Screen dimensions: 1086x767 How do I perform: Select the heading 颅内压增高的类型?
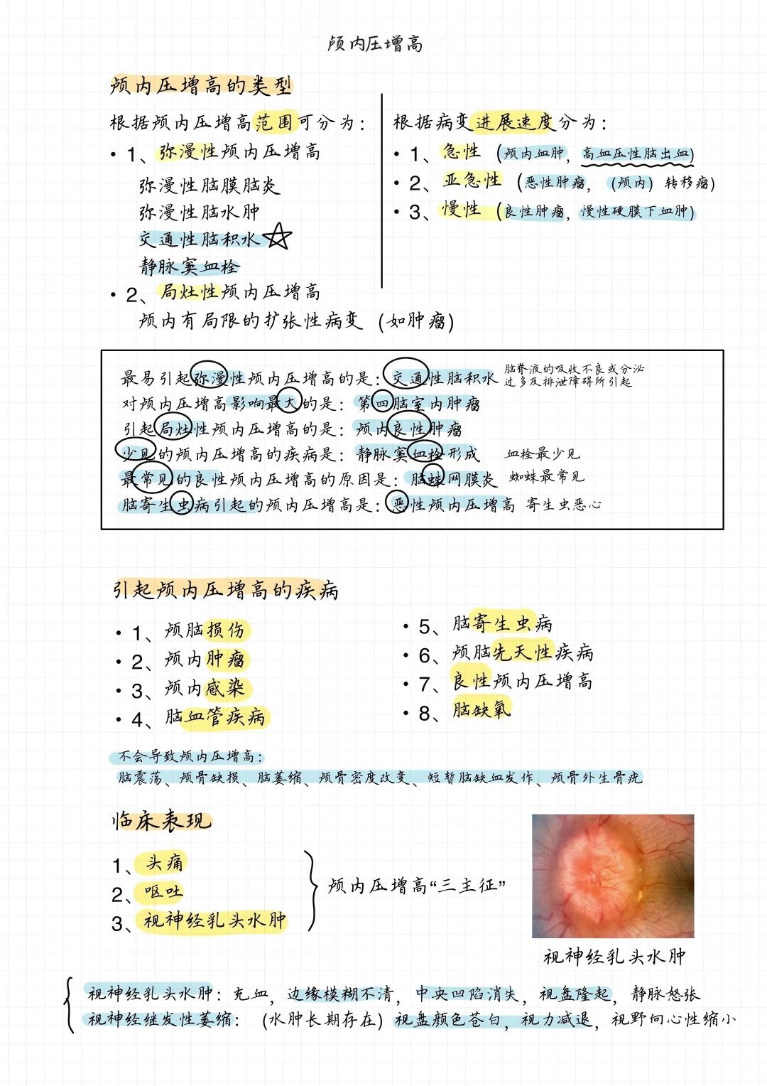click(x=201, y=87)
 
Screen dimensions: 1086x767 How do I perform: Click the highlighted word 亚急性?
click(x=472, y=181)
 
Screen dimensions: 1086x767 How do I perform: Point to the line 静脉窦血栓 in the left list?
click(x=190, y=267)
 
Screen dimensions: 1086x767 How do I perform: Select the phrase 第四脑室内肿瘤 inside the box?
click(x=419, y=404)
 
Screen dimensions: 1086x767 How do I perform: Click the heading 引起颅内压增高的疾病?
click(x=225, y=590)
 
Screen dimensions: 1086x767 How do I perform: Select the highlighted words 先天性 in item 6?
click(x=523, y=652)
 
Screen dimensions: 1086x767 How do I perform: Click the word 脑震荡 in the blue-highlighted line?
click(x=141, y=778)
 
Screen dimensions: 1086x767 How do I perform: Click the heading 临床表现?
click(x=162, y=821)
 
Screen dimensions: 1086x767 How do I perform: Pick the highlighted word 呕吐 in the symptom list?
click(x=163, y=891)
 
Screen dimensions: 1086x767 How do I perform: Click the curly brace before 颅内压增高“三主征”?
click(x=311, y=891)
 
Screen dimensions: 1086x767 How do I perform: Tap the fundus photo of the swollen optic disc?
click(x=612, y=876)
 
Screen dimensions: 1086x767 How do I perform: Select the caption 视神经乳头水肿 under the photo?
click(x=614, y=957)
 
